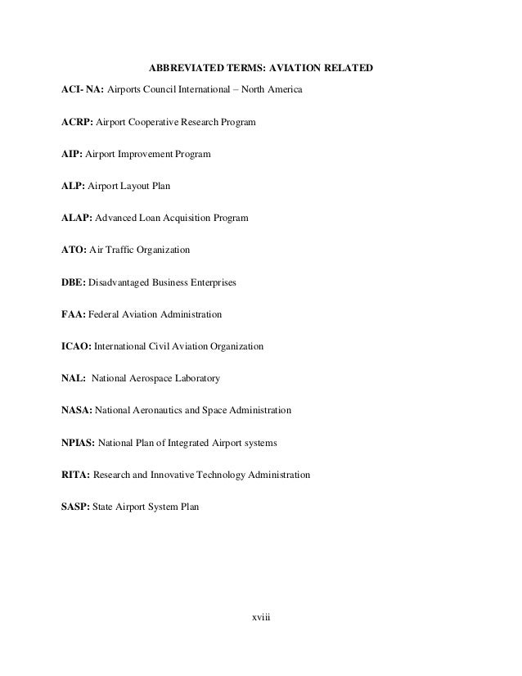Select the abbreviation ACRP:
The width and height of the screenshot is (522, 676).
tap(77, 123)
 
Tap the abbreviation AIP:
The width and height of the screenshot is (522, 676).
tap(71, 155)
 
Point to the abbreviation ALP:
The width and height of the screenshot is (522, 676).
tap(73, 187)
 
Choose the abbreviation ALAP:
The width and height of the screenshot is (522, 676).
tap(76, 219)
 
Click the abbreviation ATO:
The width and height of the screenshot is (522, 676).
tap(74, 250)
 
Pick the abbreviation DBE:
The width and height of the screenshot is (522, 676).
tap(74, 282)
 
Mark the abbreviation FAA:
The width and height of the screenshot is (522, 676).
tap(73, 314)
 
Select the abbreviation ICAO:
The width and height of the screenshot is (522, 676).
tap(77, 346)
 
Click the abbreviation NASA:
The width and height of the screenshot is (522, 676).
tap(77, 410)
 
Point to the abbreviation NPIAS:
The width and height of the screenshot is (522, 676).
tap(79, 443)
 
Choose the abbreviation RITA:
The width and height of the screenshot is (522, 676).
tap(76, 475)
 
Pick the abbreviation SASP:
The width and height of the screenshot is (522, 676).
tap(76, 507)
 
